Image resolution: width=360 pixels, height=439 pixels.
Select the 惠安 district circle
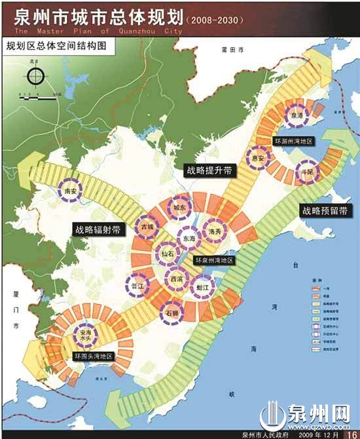click(259, 158)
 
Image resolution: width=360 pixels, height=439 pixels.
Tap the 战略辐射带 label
click(95, 229)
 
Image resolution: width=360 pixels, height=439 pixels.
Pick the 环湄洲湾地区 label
click(295, 140)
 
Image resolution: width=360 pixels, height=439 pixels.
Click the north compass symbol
click(35, 76)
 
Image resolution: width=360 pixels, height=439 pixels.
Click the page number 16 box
click(350, 432)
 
